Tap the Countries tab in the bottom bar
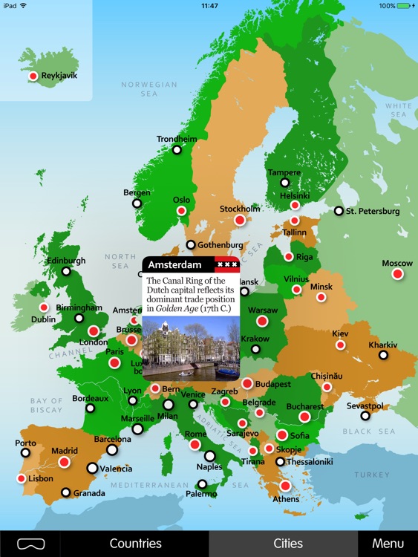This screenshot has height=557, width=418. (135, 544)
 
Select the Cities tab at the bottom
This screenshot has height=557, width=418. (288, 544)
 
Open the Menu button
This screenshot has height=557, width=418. (388, 544)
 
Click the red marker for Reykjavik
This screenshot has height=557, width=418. (33, 76)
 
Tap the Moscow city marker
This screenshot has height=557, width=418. (397, 274)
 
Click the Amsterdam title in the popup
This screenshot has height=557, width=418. (174, 264)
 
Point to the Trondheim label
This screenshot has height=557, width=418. (177, 139)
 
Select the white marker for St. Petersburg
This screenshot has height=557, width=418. (339, 211)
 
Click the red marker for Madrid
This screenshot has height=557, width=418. (64, 462)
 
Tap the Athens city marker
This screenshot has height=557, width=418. (285, 486)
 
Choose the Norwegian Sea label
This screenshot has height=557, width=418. (149, 89)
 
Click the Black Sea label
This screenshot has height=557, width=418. (367, 431)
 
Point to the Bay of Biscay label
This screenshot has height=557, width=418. (47, 405)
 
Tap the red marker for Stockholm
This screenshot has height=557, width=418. (239, 220)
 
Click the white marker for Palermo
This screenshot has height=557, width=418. (202, 484)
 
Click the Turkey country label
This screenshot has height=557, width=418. (370, 475)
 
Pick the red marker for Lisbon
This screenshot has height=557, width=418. (21, 478)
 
